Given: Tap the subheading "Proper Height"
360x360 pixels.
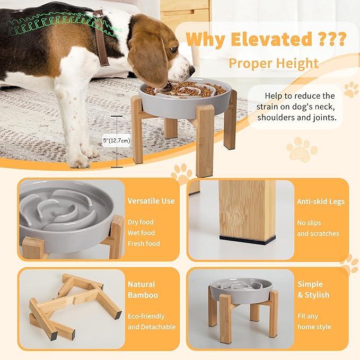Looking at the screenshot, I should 274,64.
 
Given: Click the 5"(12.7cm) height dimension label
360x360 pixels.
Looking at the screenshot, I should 117,141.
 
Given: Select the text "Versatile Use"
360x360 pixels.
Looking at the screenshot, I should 151,201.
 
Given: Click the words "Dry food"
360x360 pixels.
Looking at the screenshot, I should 141,222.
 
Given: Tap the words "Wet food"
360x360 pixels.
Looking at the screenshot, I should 141,233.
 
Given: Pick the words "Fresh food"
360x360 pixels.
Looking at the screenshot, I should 144,243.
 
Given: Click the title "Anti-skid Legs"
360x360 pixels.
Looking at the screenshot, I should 321,201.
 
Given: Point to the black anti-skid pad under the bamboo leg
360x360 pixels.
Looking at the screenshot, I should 247,240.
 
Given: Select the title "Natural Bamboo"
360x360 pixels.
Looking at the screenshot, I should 143,289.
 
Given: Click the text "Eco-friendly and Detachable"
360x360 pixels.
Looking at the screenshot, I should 151,321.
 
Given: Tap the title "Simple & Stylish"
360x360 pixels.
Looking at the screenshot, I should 313,289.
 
